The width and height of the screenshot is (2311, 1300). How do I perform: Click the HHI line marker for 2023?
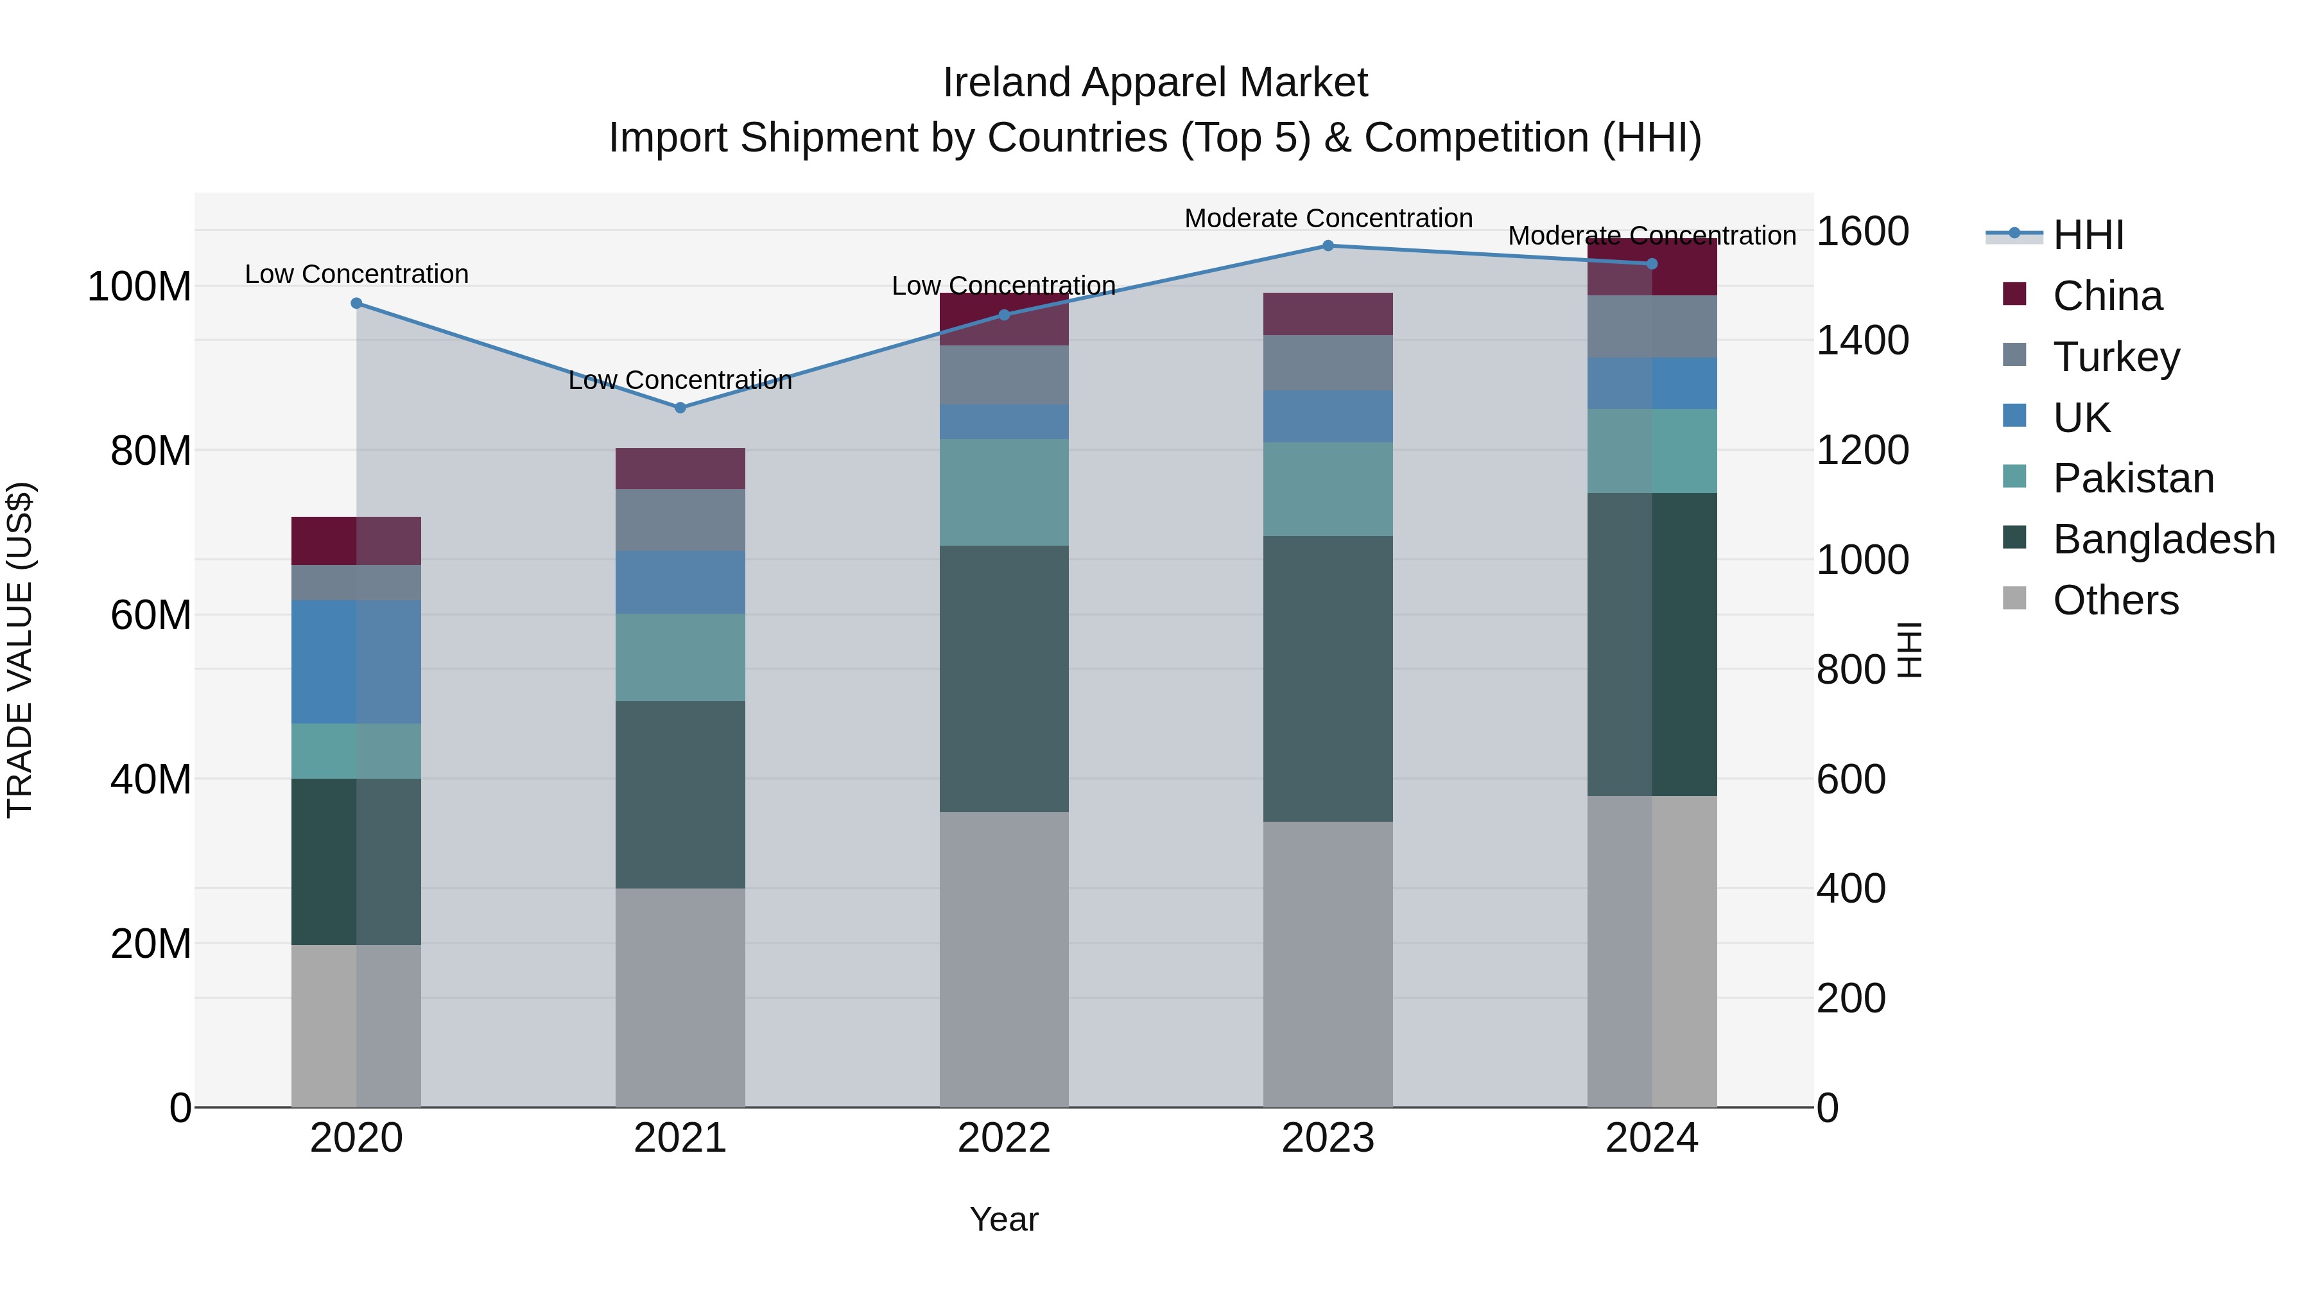pyautogui.click(x=1328, y=246)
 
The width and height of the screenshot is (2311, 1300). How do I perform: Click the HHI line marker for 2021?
pyautogui.click(x=680, y=407)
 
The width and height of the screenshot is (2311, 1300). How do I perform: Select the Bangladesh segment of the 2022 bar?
pyautogui.click(x=1004, y=679)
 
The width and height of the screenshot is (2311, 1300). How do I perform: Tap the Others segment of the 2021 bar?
pyautogui.click(x=680, y=997)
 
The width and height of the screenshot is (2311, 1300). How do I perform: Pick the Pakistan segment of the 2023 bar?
pyautogui.click(x=1328, y=489)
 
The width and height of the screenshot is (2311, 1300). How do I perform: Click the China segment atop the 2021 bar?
pyautogui.click(x=680, y=469)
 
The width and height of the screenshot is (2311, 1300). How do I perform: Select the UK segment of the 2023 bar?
pyautogui.click(x=1328, y=415)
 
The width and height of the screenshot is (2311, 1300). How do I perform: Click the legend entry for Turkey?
pyautogui.click(x=2115, y=357)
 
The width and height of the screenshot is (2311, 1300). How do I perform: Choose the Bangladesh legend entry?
pyautogui.click(x=2163, y=539)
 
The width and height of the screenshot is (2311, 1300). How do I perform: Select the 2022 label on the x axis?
pyautogui.click(x=1004, y=1138)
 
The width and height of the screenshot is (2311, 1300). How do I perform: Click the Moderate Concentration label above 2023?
pyautogui.click(x=1328, y=218)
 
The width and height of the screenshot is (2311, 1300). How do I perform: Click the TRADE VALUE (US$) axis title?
pyautogui.click(x=20, y=650)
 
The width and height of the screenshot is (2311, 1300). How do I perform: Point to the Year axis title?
pyautogui.click(x=1004, y=1219)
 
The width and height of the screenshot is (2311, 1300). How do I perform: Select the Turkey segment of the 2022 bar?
pyautogui.click(x=1004, y=375)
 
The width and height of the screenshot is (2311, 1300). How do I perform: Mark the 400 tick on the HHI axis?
pyautogui.click(x=1851, y=889)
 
